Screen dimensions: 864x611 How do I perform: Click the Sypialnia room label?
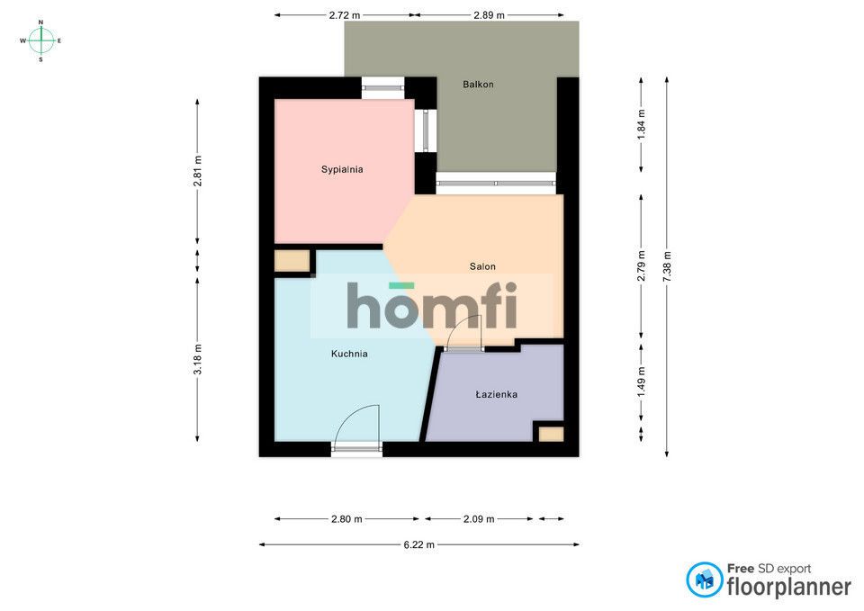[x=342, y=169]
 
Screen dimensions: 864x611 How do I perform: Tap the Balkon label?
[x=478, y=85]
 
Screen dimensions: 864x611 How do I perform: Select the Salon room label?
[x=482, y=266]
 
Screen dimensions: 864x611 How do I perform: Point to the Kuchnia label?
[x=349, y=354]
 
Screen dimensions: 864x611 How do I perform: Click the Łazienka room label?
[x=496, y=394]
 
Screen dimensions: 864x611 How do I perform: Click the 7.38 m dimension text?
[x=667, y=266]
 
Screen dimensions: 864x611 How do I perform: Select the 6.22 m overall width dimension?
[x=418, y=545]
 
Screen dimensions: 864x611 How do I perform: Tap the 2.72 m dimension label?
[x=345, y=15]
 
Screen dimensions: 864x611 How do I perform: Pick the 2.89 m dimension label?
[x=489, y=15]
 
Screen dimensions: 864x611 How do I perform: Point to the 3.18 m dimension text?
[x=197, y=359]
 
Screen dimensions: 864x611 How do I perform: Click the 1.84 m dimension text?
[x=641, y=124]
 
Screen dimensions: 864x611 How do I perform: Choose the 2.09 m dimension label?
[x=478, y=519]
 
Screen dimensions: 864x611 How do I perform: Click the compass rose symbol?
[x=40, y=40]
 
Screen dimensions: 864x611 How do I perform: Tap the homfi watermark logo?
[x=432, y=305]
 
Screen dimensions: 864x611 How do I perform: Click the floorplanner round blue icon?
[x=704, y=580]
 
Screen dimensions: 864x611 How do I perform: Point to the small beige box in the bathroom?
[x=551, y=434]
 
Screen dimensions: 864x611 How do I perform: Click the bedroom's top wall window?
[x=383, y=88]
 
